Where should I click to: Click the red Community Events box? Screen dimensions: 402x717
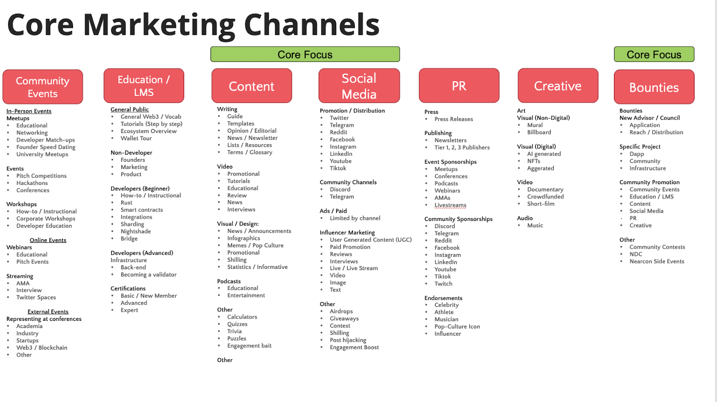(43, 87)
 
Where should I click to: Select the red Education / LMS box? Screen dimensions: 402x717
(144, 86)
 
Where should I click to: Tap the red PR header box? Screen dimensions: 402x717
(459, 86)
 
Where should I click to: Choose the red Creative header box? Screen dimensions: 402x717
(558, 86)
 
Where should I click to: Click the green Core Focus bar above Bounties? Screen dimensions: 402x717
(654, 54)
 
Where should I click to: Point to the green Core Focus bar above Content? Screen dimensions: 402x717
(305, 54)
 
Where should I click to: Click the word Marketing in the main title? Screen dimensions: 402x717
(159, 25)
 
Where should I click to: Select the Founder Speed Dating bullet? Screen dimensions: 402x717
(46, 147)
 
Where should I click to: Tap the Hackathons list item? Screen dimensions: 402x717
(32, 183)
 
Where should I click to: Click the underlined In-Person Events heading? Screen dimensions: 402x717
(29, 111)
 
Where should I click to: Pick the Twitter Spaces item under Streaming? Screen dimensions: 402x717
(36, 297)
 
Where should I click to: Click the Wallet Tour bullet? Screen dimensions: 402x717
(136, 138)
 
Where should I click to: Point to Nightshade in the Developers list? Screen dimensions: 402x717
(135, 231)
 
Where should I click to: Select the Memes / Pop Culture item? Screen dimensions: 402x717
(255, 245)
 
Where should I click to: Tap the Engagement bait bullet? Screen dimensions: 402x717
(249, 346)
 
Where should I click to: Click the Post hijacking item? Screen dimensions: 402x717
(348, 340)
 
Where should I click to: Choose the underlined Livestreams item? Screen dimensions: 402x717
(450, 205)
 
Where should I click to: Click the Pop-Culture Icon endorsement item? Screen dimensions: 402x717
(457, 326)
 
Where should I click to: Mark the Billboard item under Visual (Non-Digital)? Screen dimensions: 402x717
(539, 132)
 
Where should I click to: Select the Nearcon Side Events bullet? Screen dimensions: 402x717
(657, 261)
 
